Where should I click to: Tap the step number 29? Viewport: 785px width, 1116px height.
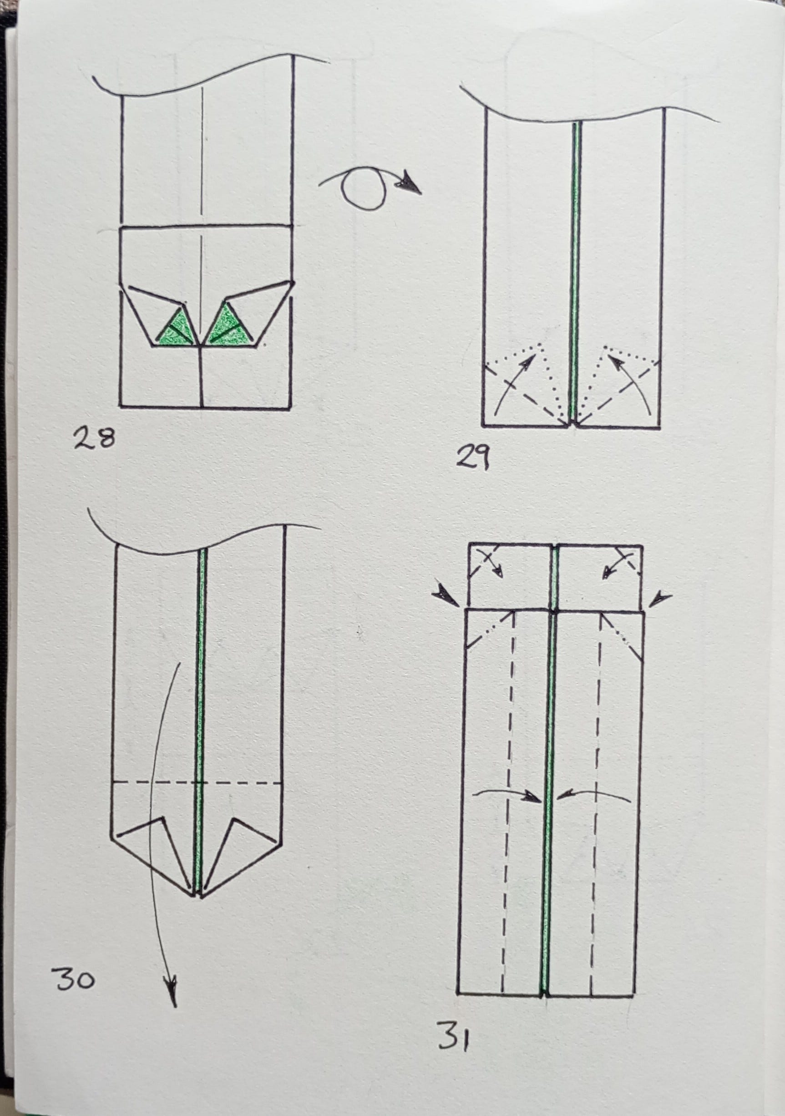click(472, 459)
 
